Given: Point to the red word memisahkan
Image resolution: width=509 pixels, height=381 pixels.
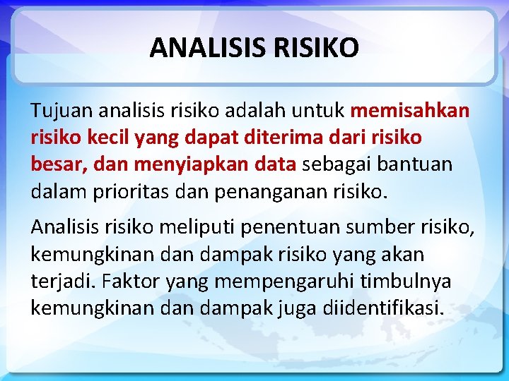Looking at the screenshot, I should point(409,111).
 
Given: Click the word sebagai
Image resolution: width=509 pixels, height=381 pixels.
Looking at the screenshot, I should point(336,164).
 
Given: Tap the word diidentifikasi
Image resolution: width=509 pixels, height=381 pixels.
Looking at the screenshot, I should point(384,308).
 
